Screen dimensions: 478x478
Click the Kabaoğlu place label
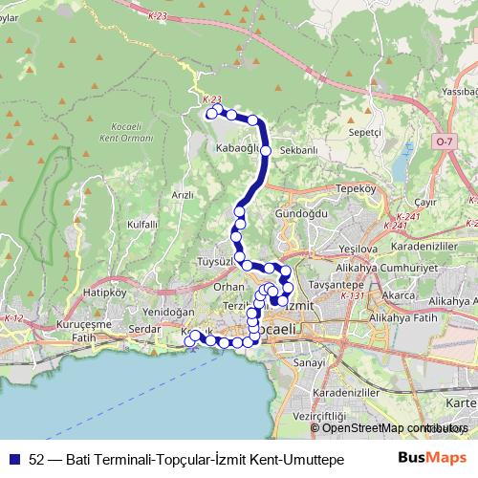point(238,148)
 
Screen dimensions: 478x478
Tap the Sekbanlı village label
point(299,151)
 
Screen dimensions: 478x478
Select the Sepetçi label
point(365,131)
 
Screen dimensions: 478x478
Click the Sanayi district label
point(310,362)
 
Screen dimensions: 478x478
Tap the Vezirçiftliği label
point(319,417)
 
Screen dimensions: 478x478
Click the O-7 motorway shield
point(443,141)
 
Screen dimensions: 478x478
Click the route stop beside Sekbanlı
point(266,151)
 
